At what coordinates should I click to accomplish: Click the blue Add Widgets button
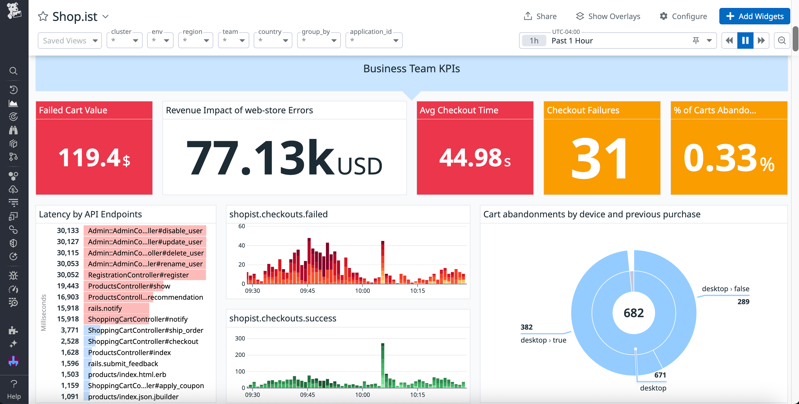pos(754,16)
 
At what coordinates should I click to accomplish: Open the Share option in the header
pos(540,16)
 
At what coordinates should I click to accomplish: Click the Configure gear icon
pos(664,16)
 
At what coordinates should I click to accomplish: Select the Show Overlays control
pos(608,16)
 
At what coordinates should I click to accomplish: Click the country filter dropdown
pos(273,40)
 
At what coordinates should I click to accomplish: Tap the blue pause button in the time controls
pos(745,40)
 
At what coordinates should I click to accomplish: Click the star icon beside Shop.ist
pos(43,16)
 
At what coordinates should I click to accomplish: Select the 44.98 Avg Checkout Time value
pos(470,157)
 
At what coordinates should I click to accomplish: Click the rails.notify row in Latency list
pos(105,308)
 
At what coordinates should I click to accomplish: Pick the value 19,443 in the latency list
pos(68,286)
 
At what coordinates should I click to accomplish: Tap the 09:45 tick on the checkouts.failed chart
pos(307,291)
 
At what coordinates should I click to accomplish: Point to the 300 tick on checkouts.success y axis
pos(240,338)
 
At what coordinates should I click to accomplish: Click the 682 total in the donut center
pos(633,313)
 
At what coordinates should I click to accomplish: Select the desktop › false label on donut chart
pos(725,289)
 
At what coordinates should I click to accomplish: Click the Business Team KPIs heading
pos(411,69)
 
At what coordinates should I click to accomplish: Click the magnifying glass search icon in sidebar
pos(13,71)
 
